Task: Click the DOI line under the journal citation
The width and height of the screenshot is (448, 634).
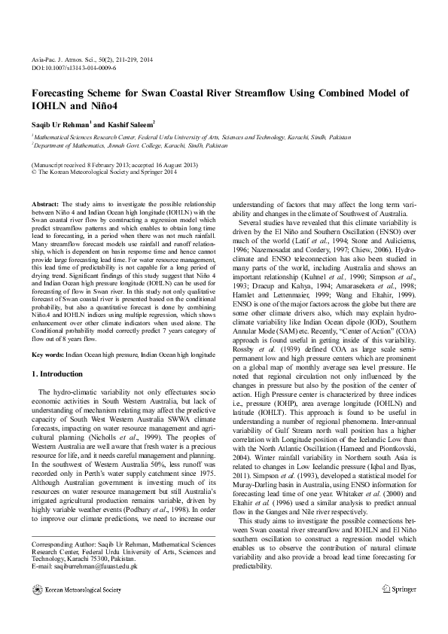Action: (x=72, y=67)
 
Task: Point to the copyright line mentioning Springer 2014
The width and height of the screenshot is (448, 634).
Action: (x=104, y=171)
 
